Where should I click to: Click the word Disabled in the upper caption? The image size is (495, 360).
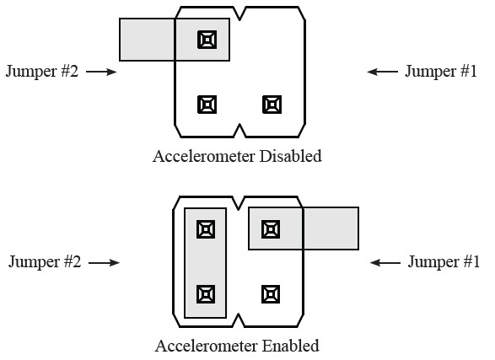[x=290, y=156]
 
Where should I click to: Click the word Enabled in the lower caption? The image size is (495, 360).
[x=290, y=346]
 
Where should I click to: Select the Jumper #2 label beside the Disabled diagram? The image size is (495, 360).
[x=42, y=72]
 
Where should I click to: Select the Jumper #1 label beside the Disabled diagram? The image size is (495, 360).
[x=441, y=72]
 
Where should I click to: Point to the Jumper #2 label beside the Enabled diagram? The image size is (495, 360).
[x=45, y=262]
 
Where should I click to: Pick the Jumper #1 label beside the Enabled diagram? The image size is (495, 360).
[x=444, y=262]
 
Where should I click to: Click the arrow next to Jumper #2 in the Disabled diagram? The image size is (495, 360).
[x=101, y=72]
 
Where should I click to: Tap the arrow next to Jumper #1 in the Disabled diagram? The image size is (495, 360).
[x=382, y=72]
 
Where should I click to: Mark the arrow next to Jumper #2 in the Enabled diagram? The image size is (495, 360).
[x=105, y=262]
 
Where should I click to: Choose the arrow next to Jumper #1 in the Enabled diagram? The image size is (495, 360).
[x=385, y=262]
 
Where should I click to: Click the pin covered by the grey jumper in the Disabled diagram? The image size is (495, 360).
[x=207, y=40]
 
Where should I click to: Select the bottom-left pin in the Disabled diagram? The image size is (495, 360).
[x=207, y=105]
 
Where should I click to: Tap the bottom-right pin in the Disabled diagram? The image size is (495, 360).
[x=272, y=105]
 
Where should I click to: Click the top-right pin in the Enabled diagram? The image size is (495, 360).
[x=271, y=229]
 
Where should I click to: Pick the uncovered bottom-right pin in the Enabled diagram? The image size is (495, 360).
[x=271, y=294]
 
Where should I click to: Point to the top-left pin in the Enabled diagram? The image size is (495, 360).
[x=206, y=229]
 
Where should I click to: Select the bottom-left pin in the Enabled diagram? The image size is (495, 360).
[x=206, y=294]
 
